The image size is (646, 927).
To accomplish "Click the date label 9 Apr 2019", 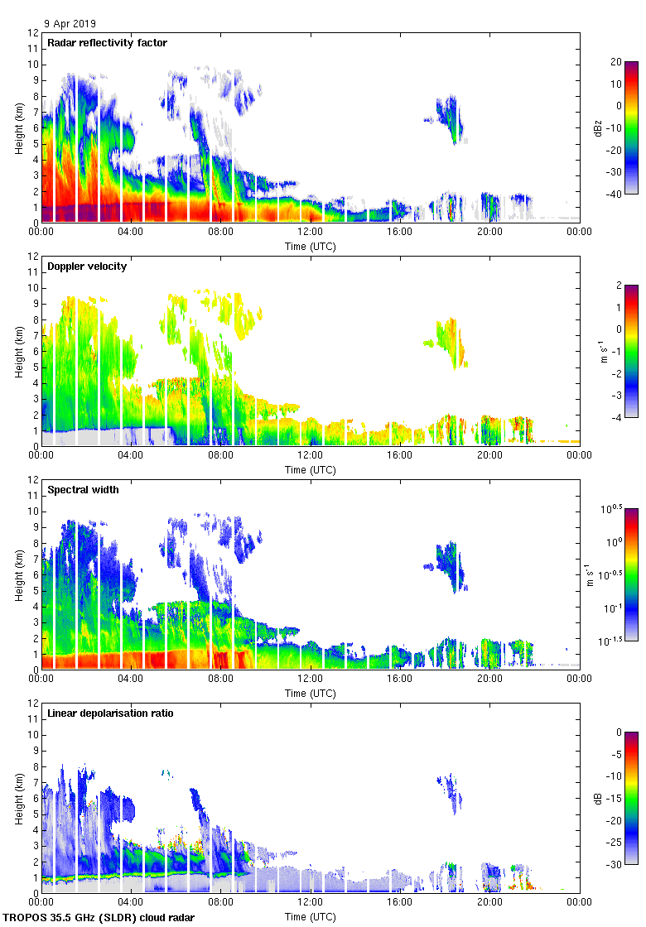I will (x=70, y=23).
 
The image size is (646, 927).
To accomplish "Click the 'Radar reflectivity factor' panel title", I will (x=107, y=43).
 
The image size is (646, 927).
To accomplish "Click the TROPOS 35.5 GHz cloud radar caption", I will (x=99, y=917).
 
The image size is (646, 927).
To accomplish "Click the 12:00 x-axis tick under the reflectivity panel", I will (x=311, y=233).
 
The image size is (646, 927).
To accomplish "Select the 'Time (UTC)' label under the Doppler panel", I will (x=311, y=469).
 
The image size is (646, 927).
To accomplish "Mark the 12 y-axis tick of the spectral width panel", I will (x=34, y=480).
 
